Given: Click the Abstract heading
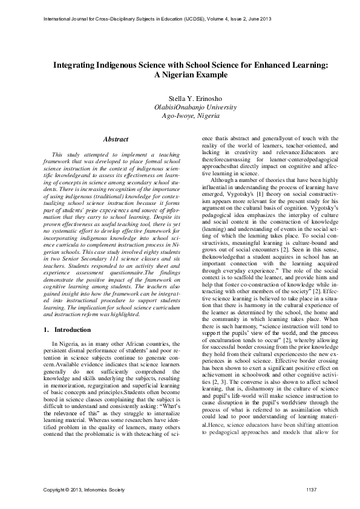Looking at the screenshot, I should pos(115,139).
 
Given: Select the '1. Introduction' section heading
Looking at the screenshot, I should pos(68,330).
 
